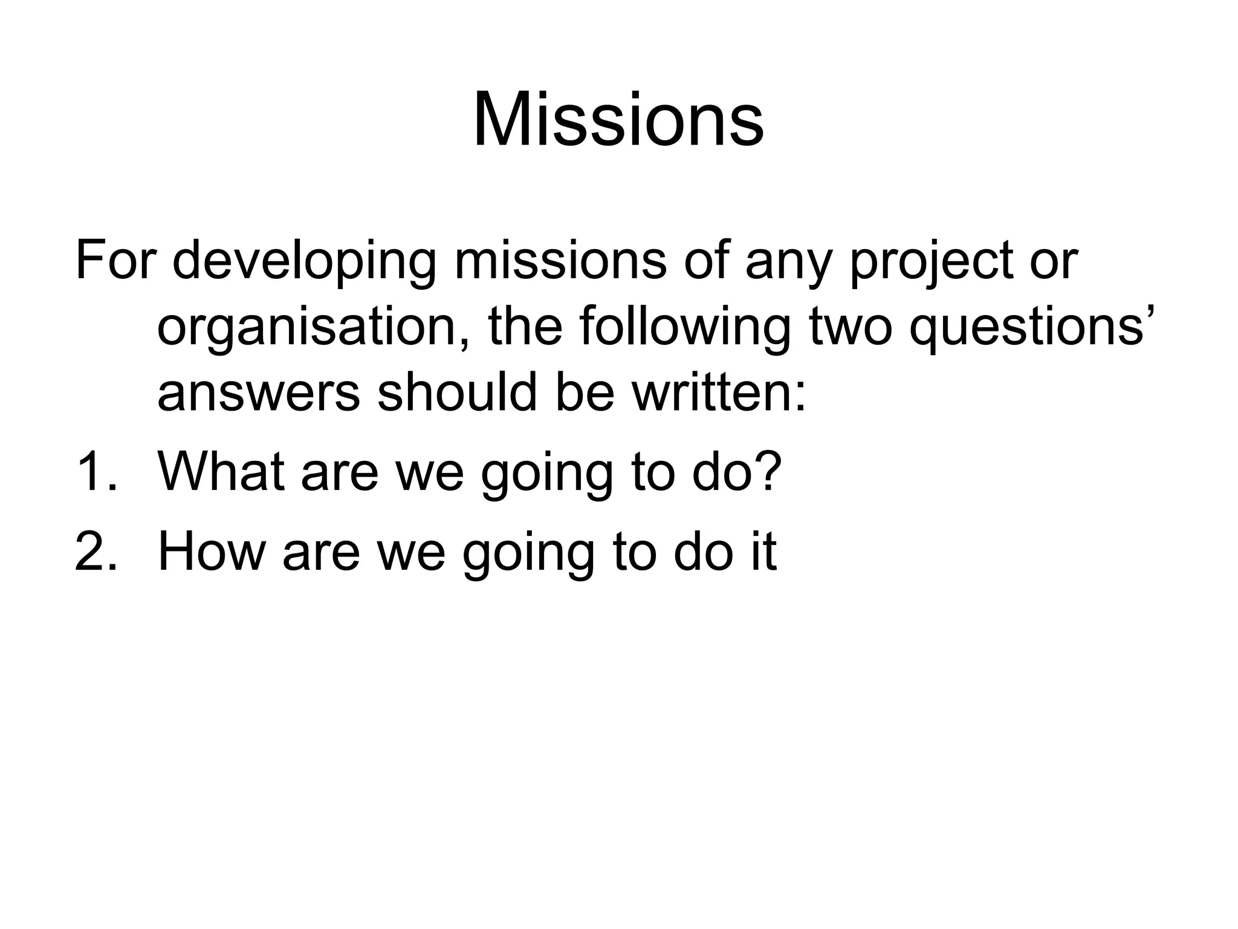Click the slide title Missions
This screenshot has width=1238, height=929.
[x=618, y=119]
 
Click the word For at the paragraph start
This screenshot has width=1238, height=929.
[x=115, y=260]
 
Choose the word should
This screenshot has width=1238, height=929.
[x=457, y=393]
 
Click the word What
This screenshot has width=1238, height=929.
[x=221, y=471]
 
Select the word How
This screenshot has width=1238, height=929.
[x=212, y=551]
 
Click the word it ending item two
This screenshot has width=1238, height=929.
[x=763, y=551]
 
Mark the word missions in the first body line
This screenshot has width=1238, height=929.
[x=560, y=261]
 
